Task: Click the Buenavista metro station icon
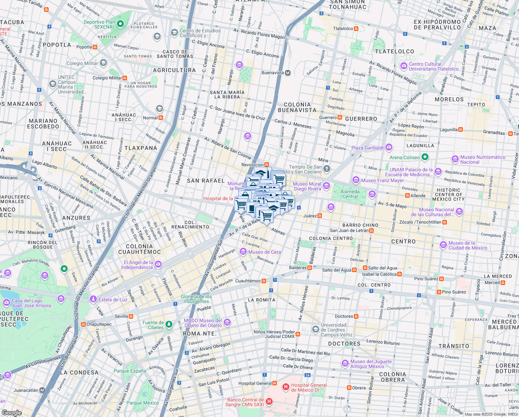pyautogui.click(x=288, y=73)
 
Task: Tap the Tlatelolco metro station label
pyautogui.click(x=343, y=28)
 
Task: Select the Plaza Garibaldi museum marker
pyautogui.click(x=389, y=147)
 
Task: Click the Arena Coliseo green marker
pyautogui.click(x=425, y=157)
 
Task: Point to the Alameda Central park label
pyautogui.click(x=350, y=194)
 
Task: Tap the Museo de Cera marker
pyautogui.click(x=243, y=252)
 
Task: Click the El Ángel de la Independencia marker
pyautogui.click(x=158, y=264)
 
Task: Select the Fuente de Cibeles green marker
pyautogui.click(x=169, y=325)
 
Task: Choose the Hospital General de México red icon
pyautogui.click(x=286, y=387)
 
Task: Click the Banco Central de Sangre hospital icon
pyautogui.click(x=269, y=402)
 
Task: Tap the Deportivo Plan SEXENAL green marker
pyautogui.click(x=120, y=24)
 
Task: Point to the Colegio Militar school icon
pyautogui.click(x=103, y=63)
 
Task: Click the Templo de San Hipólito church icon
pyautogui.click(x=326, y=169)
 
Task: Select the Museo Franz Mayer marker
pyautogui.click(x=356, y=180)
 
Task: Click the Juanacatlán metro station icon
pyautogui.click(x=42, y=390)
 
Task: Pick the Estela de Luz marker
pyautogui.click(x=93, y=299)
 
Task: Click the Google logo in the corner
pyautogui.click(x=11, y=413)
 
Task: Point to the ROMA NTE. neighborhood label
pyautogui.click(x=199, y=334)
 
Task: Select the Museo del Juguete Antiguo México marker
pyautogui.click(x=345, y=363)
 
